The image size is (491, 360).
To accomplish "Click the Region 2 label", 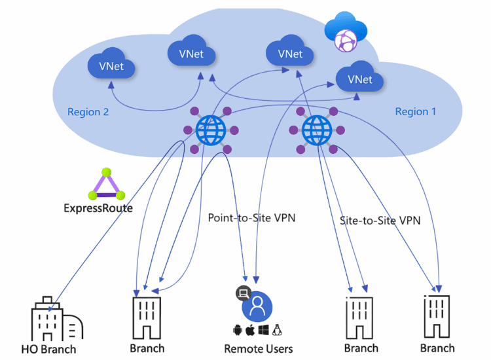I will pyautogui.click(x=88, y=112).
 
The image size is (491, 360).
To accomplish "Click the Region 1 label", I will pyautogui.click(x=415, y=112).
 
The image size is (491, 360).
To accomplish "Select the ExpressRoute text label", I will pyautogui.click(x=98, y=209).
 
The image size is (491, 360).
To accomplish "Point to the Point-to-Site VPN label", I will pyautogui.click(x=251, y=217).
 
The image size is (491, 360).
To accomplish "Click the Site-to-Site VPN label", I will pyautogui.click(x=380, y=221).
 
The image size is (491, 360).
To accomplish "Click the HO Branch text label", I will pyautogui.click(x=48, y=349).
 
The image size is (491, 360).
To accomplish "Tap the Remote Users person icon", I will pyautogui.click(x=257, y=305).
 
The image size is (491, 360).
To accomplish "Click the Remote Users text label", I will pyautogui.click(x=258, y=349).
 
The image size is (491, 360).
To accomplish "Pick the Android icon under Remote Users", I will pyautogui.click(x=237, y=330).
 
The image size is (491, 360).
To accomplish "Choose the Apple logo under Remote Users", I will pyautogui.click(x=249, y=330).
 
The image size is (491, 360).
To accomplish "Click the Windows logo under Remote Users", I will pyautogui.click(x=263, y=330).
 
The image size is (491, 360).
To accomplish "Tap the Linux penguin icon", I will pyautogui.click(x=277, y=330).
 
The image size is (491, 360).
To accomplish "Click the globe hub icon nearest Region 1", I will pyautogui.click(x=317, y=128).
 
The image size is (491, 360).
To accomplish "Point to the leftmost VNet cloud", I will pyautogui.click(x=111, y=66).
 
